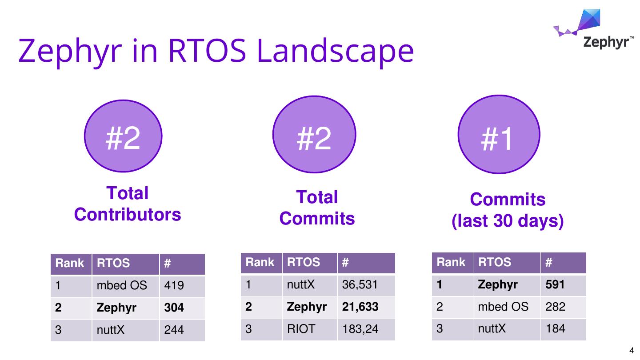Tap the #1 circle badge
click(499, 134)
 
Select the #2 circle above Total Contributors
click(123, 136)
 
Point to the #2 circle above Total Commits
click(314, 134)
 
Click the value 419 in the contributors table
click(174, 285)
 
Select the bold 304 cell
click(174, 308)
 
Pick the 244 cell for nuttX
click(174, 330)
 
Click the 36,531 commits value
click(360, 284)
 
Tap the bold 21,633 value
click(360, 307)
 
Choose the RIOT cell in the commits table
click(301, 329)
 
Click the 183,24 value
click(360, 329)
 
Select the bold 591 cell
click(555, 284)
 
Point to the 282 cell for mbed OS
click(556, 307)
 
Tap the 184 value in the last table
click(556, 328)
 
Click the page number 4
click(632, 351)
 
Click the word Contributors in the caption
click(128, 215)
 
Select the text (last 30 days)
click(508, 221)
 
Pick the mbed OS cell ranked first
click(122, 285)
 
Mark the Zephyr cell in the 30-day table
click(498, 285)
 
